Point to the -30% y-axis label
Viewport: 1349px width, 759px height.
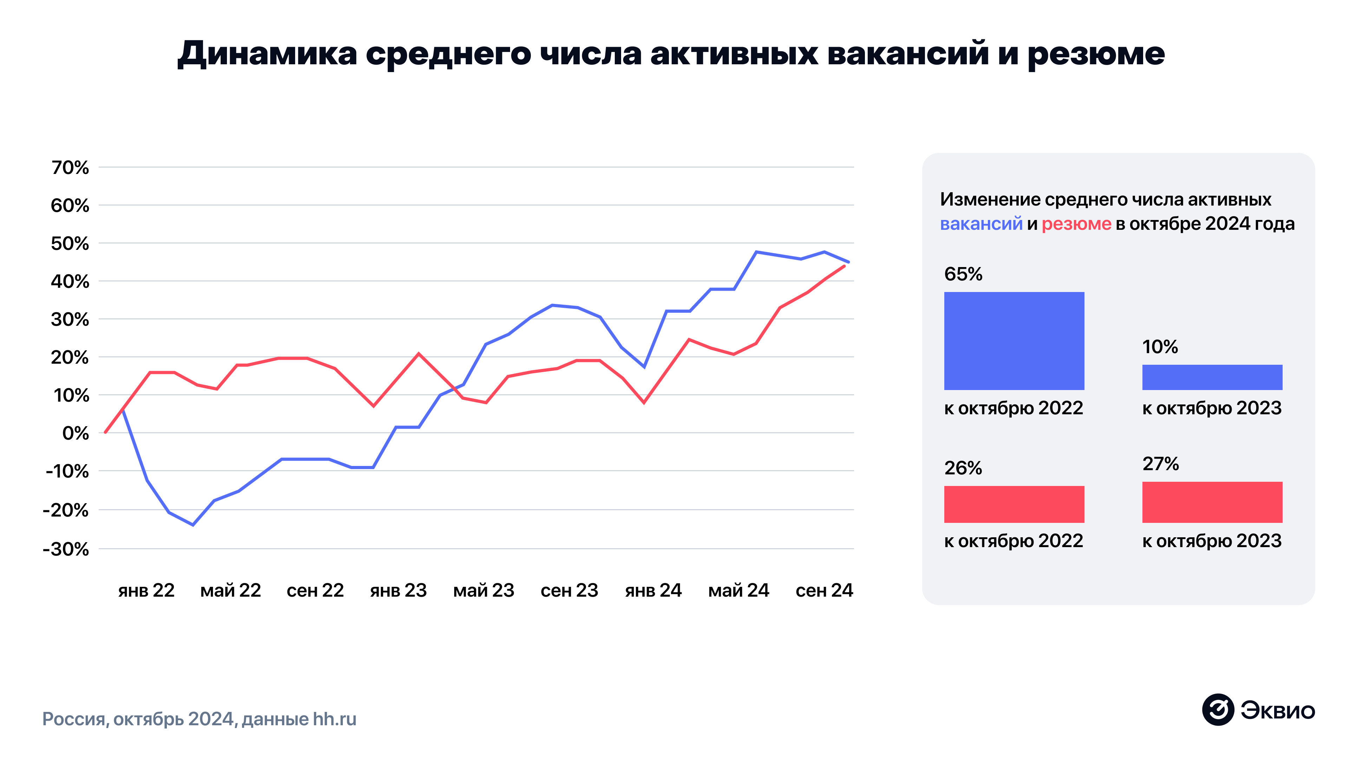point(66,549)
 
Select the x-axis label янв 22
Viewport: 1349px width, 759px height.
point(146,590)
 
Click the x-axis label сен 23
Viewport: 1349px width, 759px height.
point(569,590)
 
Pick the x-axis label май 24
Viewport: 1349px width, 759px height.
point(738,590)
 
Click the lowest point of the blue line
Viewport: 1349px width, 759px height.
point(193,524)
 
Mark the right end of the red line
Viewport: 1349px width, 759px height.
point(844,266)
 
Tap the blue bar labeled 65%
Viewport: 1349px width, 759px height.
point(1014,340)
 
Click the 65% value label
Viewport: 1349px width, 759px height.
point(963,274)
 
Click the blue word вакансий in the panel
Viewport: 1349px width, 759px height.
point(981,224)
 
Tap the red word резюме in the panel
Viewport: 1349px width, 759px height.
point(1076,224)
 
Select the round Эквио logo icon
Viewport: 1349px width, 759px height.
point(1218,710)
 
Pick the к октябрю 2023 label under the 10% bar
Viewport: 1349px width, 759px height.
point(1211,408)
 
